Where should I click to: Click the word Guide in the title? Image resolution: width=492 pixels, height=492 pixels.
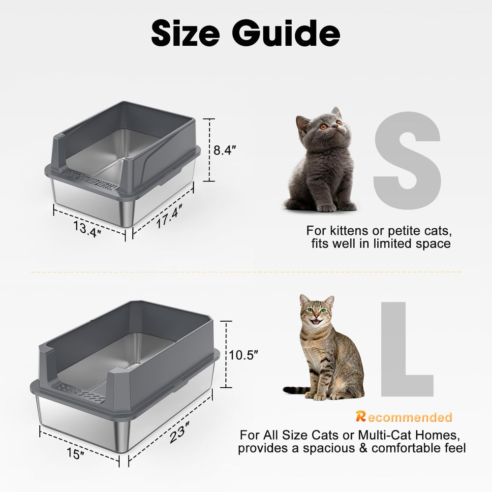click(x=286, y=33)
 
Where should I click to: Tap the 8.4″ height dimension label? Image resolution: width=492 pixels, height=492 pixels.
click(x=225, y=151)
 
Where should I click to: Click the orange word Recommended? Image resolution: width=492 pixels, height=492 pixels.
click(x=403, y=418)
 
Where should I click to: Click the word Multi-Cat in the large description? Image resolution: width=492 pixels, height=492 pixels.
click(x=383, y=435)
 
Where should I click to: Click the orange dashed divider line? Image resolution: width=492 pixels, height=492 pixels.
click(x=246, y=272)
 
